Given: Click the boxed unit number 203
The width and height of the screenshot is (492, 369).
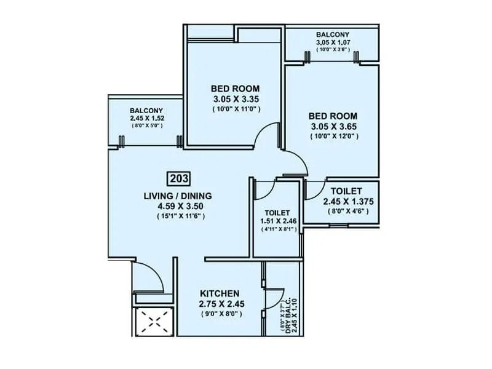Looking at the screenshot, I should tap(179, 179).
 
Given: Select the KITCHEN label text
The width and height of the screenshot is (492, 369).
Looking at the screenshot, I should tap(220, 293).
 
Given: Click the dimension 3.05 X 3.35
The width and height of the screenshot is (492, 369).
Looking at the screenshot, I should tap(235, 98).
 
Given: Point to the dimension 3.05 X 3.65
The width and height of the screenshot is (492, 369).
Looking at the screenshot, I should tap(333, 126).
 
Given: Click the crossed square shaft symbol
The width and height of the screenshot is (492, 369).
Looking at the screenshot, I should tap(153, 320).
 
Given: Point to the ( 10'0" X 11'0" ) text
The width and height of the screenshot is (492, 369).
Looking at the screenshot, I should tap(235, 109).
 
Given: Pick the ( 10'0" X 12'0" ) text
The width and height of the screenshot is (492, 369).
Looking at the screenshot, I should tap(333, 136).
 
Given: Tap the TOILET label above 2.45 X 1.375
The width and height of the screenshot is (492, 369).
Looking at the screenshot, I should tap(346, 191).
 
